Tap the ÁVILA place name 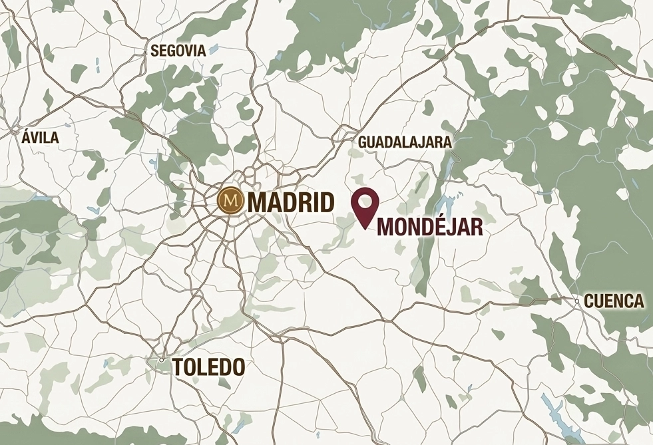pos(40,138)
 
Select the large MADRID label pos(290,202)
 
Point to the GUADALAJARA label pos(405,142)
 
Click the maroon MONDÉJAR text pos(430,227)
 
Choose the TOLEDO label pos(208,367)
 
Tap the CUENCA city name pos(614,301)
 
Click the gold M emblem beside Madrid pos(230,200)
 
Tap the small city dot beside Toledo pos(161,360)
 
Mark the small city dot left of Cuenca pos(576,301)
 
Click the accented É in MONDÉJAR pos(436,226)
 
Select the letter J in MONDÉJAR pos(449,227)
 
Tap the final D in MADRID pos(325,202)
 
